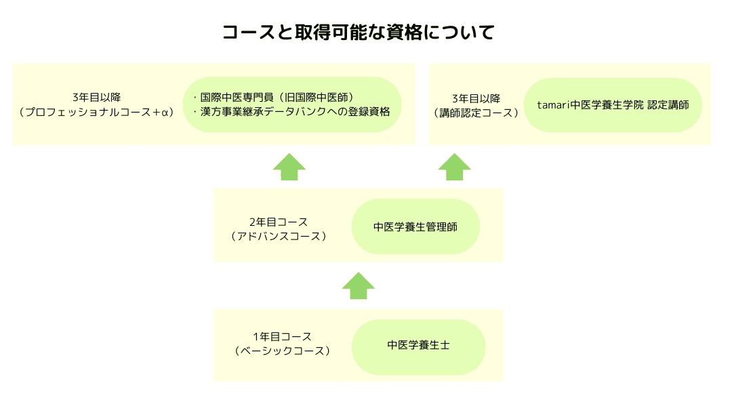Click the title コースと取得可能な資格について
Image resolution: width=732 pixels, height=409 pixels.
tap(359, 33)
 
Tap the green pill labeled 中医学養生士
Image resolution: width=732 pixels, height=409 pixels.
tap(418, 346)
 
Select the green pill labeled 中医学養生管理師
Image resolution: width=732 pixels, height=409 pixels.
tap(415, 227)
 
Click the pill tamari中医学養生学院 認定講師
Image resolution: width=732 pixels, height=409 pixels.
tap(613, 105)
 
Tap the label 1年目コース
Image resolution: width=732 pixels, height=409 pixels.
tap(282, 337)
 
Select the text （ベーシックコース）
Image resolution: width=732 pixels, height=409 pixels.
tap(282, 351)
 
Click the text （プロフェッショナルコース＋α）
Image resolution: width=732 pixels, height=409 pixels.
tap(97, 112)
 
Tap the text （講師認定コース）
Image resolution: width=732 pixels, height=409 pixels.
tap(476, 113)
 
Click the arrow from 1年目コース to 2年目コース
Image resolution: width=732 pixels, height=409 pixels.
tap(359, 286)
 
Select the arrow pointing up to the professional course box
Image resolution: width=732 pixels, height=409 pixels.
tap(289, 167)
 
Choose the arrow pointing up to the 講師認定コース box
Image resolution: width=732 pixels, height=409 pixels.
tap(455, 167)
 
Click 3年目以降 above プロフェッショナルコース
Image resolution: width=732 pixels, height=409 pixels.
tap(97, 98)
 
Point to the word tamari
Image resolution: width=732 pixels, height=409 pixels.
tap(553, 105)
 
